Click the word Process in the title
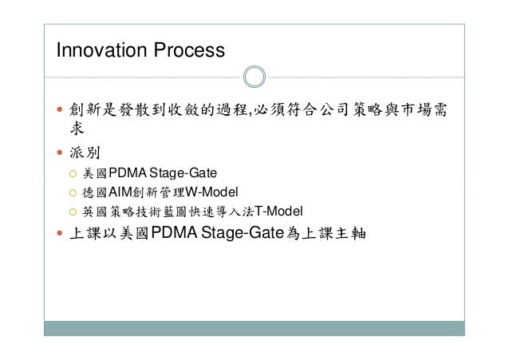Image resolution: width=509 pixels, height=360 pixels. [184, 51]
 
